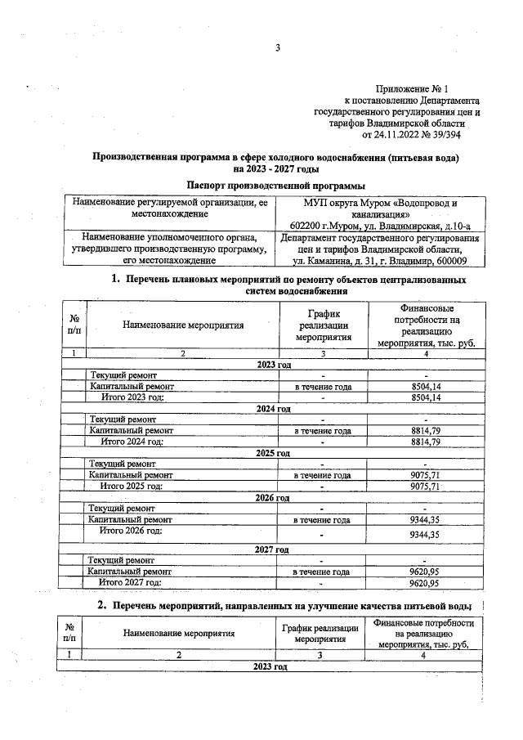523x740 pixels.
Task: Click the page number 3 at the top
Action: coord(277,47)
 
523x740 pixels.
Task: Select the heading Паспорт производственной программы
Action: coord(275,186)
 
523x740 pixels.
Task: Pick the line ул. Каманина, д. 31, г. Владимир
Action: coord(380,262)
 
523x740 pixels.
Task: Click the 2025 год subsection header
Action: coord(273,452)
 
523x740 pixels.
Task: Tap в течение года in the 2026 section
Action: coord(323,519)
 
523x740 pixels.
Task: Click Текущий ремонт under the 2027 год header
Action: coord(123,560)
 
